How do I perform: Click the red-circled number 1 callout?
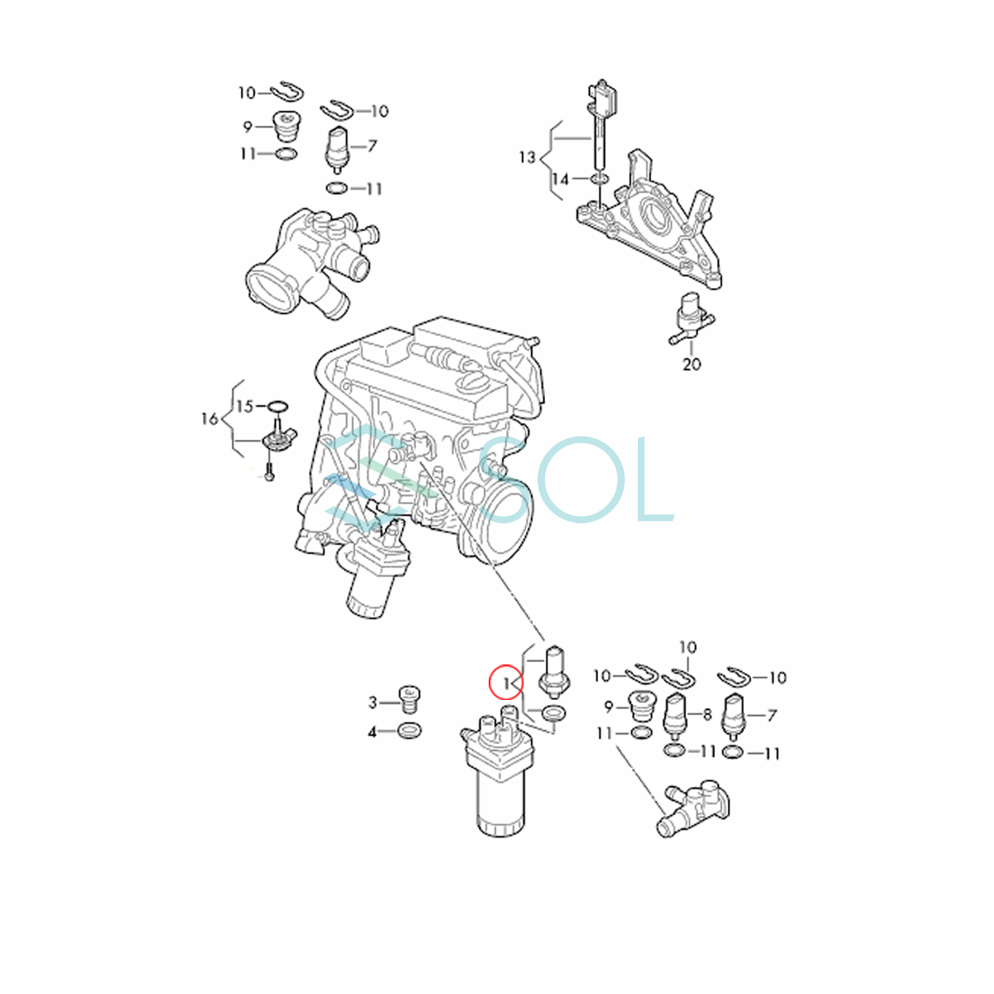pyautogui.click(x=506, y=683)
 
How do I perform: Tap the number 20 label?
pyautogui.click(x=692, y=364)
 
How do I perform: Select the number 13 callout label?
pyautogui.click(x=527, y=157)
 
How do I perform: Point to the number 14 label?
pyautogui.click(x=561, y=180)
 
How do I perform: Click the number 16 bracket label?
pyautogui.click(x=210, y=419)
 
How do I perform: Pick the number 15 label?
pyautogui.click(x=245, y=407)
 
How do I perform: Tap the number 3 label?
pyautogui.click(x=373, y=702)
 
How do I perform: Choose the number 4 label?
pyautogui.click(x=373, y=732)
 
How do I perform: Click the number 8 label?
pyautogui.click(x=707, y=714)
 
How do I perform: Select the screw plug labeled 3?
pyautogui.click(x=409, y=699)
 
